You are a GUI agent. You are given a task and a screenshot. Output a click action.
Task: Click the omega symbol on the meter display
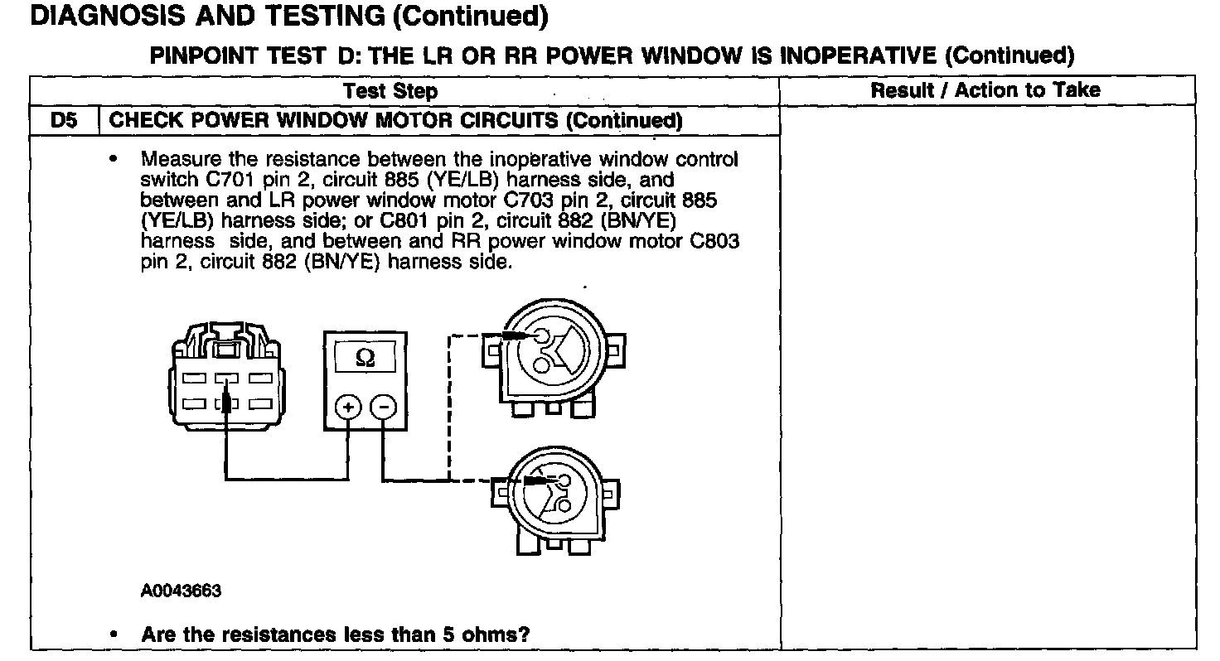coord(364,358)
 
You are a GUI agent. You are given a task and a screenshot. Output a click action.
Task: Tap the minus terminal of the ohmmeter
coord(382,408)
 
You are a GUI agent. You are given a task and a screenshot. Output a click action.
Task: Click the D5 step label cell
coord(64,121)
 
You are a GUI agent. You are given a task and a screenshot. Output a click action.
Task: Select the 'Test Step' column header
coord(390,91)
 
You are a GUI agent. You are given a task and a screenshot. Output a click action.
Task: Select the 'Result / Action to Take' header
coord(985,90)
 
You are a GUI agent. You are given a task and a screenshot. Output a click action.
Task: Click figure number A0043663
coord(181,591)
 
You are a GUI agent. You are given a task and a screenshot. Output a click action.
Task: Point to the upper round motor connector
coord(551,352)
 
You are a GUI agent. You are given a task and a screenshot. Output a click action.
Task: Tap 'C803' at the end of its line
coord(715,242)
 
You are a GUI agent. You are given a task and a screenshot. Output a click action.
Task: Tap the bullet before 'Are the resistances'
coord(114,634)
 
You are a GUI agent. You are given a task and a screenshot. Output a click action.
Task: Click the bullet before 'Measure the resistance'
coord(114,157)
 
